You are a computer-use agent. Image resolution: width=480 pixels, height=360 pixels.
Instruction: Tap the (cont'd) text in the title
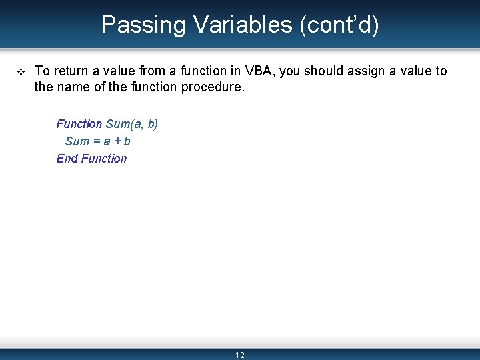tap(339, 25)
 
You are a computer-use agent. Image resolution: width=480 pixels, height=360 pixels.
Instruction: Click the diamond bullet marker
tap(19, 71)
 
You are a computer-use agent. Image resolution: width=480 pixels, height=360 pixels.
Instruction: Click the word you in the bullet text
tap(290, 71)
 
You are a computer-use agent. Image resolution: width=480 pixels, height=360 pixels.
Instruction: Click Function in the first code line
tap(79, 124)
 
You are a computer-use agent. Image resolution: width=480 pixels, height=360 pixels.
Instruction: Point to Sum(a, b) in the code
tap(132, 124)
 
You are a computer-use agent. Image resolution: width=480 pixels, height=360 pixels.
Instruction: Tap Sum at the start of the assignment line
tap(77, 141)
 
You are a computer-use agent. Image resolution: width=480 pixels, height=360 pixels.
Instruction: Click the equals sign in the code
tap(97, 141)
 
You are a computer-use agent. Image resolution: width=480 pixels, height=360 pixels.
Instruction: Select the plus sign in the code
tap(118, 141)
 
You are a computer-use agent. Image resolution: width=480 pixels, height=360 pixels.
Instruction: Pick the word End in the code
tap(67, 159)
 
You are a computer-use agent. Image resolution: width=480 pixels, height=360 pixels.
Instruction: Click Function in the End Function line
tap(104, 159)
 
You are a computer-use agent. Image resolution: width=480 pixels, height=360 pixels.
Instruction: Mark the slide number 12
tap(240, 355)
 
